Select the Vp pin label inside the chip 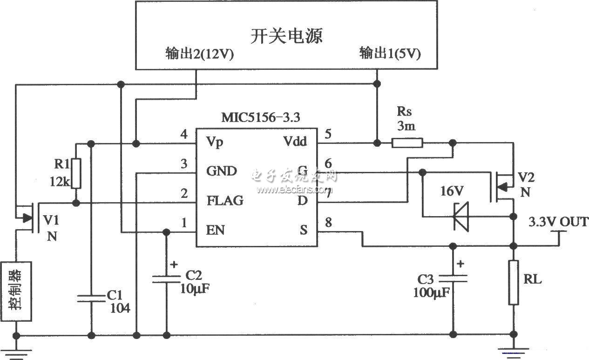tap(215, 142)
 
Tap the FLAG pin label tap(225, 201)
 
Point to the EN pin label tap(215, 230)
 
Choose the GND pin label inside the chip tap(221, 171)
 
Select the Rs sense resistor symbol tap(407, 142)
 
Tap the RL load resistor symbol tap(513, 283)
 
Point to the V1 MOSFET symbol tap(29, 217)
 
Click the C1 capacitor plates tap(91, 298)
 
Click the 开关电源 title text tap(286, 36)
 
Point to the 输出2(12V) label tap(199, 54)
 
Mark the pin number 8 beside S tap(329, 223)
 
